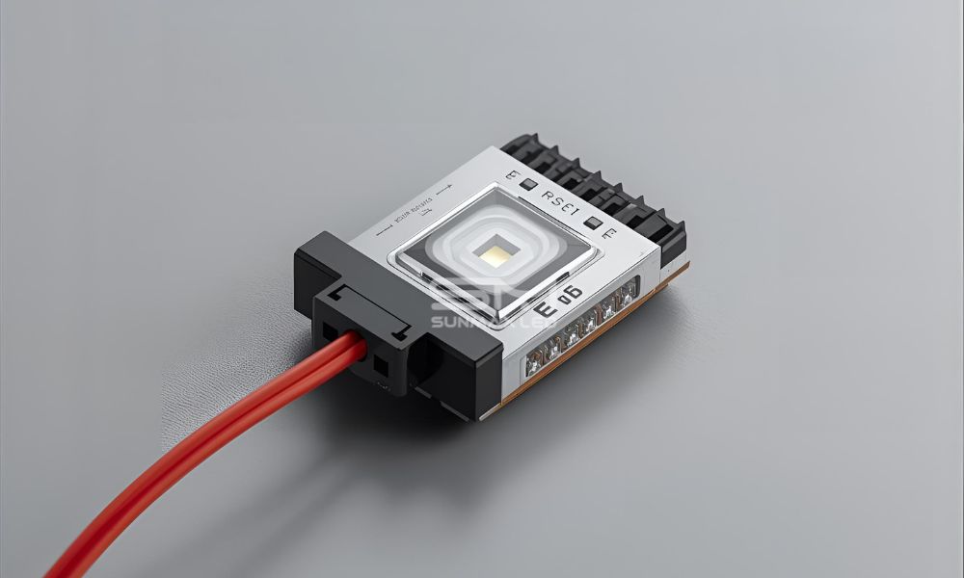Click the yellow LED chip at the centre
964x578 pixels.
click(x=495, y=253)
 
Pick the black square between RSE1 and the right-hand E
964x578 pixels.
click(x=594, y=223)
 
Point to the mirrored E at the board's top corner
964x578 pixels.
click(x=513, y=175)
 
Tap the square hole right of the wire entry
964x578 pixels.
click(x=381, y=366)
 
